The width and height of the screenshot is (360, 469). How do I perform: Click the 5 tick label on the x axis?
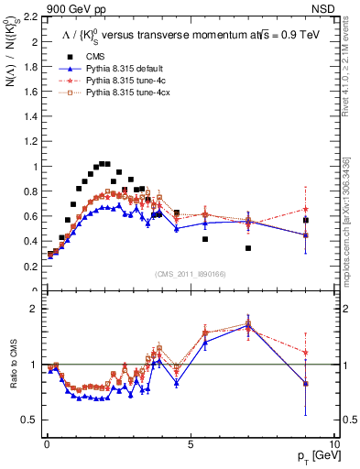click(x=190, y=444)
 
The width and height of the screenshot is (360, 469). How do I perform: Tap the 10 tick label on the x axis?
click(x=333, y=444)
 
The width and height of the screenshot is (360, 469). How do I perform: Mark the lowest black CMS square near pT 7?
click(x=248, y=248)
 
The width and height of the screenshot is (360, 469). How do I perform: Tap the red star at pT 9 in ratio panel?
click(x=306, y=352)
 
